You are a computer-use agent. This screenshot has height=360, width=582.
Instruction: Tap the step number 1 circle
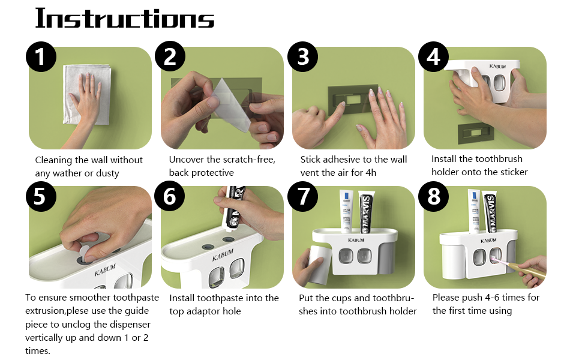(x=41, y=58)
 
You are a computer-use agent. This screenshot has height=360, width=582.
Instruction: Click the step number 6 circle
(x=170, y=196)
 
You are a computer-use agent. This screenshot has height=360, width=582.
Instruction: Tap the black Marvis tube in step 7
(x=365, y=211)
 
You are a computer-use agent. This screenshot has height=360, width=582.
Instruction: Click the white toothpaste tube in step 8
(x=476, y=211)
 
